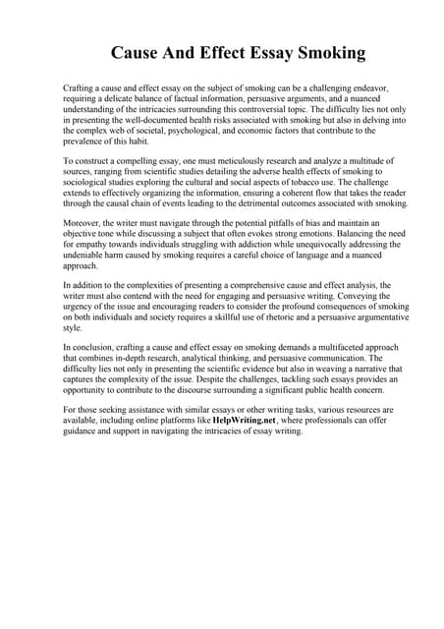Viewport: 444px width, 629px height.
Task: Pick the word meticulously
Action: click(x=225, y=160)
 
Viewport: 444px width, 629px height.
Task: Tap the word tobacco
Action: click(x=313, y=182)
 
